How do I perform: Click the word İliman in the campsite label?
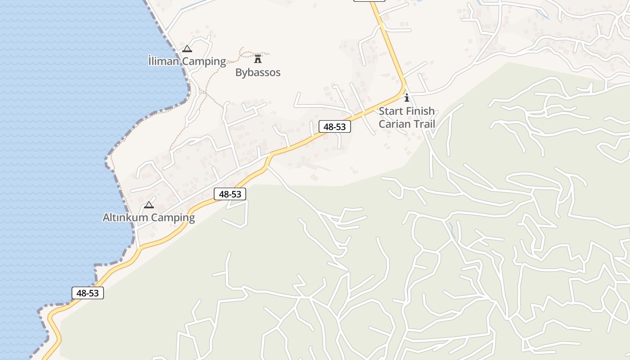pyautogui.click(x=164, y=61)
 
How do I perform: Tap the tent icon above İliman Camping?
pyautogui.click(x=187, y=49)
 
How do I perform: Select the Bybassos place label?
pyautogui.click(x=258, y=72)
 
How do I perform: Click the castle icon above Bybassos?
pyautogui.click(x=258, y=58)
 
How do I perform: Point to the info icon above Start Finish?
pyautogui.click(x=407, y=98)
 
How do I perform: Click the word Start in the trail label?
pyautogui.click(x=391, y=111)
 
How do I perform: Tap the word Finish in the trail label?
pyautogui.click(x=420, y=111)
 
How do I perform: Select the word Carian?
pyautogui.click(x=394, y=123)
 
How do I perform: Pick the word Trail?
pyautogui.click(x=423, y=123)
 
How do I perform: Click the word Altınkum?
pyautogui.click(x=125, y=218)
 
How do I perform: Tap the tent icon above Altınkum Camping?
pyautogui.click(x=148, y=205)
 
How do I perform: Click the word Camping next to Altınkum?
pyautogui.click(x=173, y=218)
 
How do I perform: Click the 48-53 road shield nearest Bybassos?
pyautogui.click(x=334, y=127)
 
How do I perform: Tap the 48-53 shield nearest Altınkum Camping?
pyautogui.click(x=229, y=194)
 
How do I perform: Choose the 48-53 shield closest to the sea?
pyautogui.click(x=88, y=293)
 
